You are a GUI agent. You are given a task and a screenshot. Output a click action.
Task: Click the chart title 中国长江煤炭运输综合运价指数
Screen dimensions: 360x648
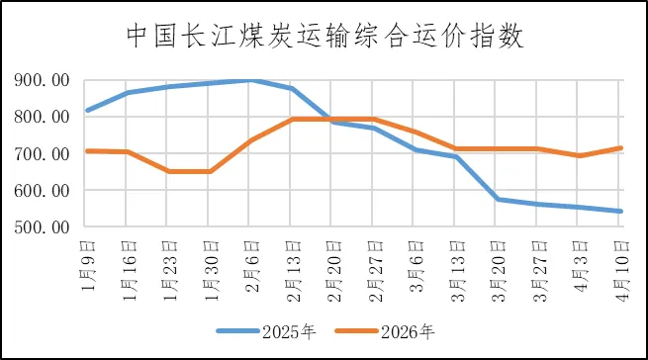324,37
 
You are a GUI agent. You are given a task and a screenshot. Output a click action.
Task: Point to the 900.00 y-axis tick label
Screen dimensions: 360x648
42,80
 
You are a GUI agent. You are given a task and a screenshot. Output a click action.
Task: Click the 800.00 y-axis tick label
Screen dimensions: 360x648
42,117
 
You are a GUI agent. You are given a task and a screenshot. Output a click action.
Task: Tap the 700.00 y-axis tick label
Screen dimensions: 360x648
42,154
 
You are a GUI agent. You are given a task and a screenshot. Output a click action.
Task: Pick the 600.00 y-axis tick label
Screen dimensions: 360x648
42,191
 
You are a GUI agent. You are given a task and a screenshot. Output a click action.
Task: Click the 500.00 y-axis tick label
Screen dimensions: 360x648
42,227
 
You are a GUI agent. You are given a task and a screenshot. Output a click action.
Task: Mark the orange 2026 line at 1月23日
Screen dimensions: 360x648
169,171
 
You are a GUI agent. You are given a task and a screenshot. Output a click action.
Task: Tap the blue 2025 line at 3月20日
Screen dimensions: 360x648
497,199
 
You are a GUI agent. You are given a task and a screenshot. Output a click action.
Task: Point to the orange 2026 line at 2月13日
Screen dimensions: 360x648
292,119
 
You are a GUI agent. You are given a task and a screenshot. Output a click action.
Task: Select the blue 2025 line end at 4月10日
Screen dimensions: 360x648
620,211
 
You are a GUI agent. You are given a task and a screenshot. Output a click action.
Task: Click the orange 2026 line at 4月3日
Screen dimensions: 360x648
579,155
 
